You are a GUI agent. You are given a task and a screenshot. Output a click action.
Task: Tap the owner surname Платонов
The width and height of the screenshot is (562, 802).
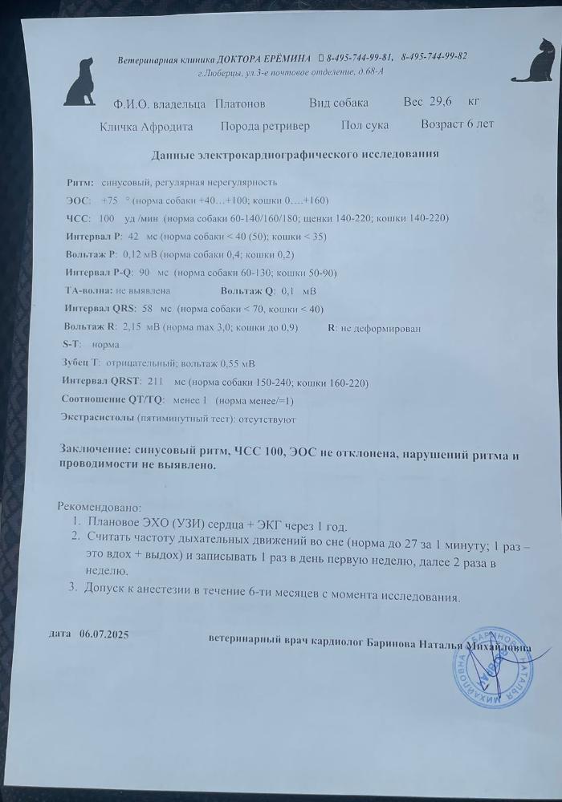point(240,104)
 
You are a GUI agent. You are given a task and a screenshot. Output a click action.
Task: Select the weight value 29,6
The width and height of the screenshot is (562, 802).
point(441,102)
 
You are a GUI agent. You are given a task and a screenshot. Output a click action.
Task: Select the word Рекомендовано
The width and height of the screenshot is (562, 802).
point(99,507)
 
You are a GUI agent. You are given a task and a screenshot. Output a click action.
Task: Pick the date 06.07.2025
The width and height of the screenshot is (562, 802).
point(104,634)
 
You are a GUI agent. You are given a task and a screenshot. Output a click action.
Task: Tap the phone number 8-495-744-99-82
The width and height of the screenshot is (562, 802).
point(434,56)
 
